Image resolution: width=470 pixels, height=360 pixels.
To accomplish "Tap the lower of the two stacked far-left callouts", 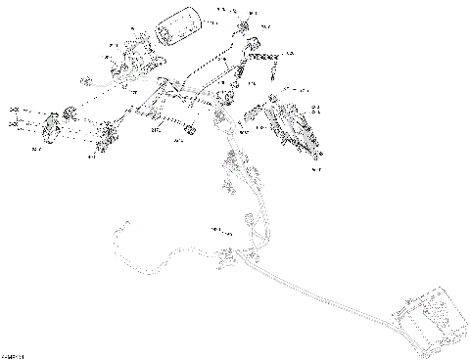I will [14, 126].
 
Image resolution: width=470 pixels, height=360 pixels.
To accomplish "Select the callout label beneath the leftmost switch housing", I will [36, 149].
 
